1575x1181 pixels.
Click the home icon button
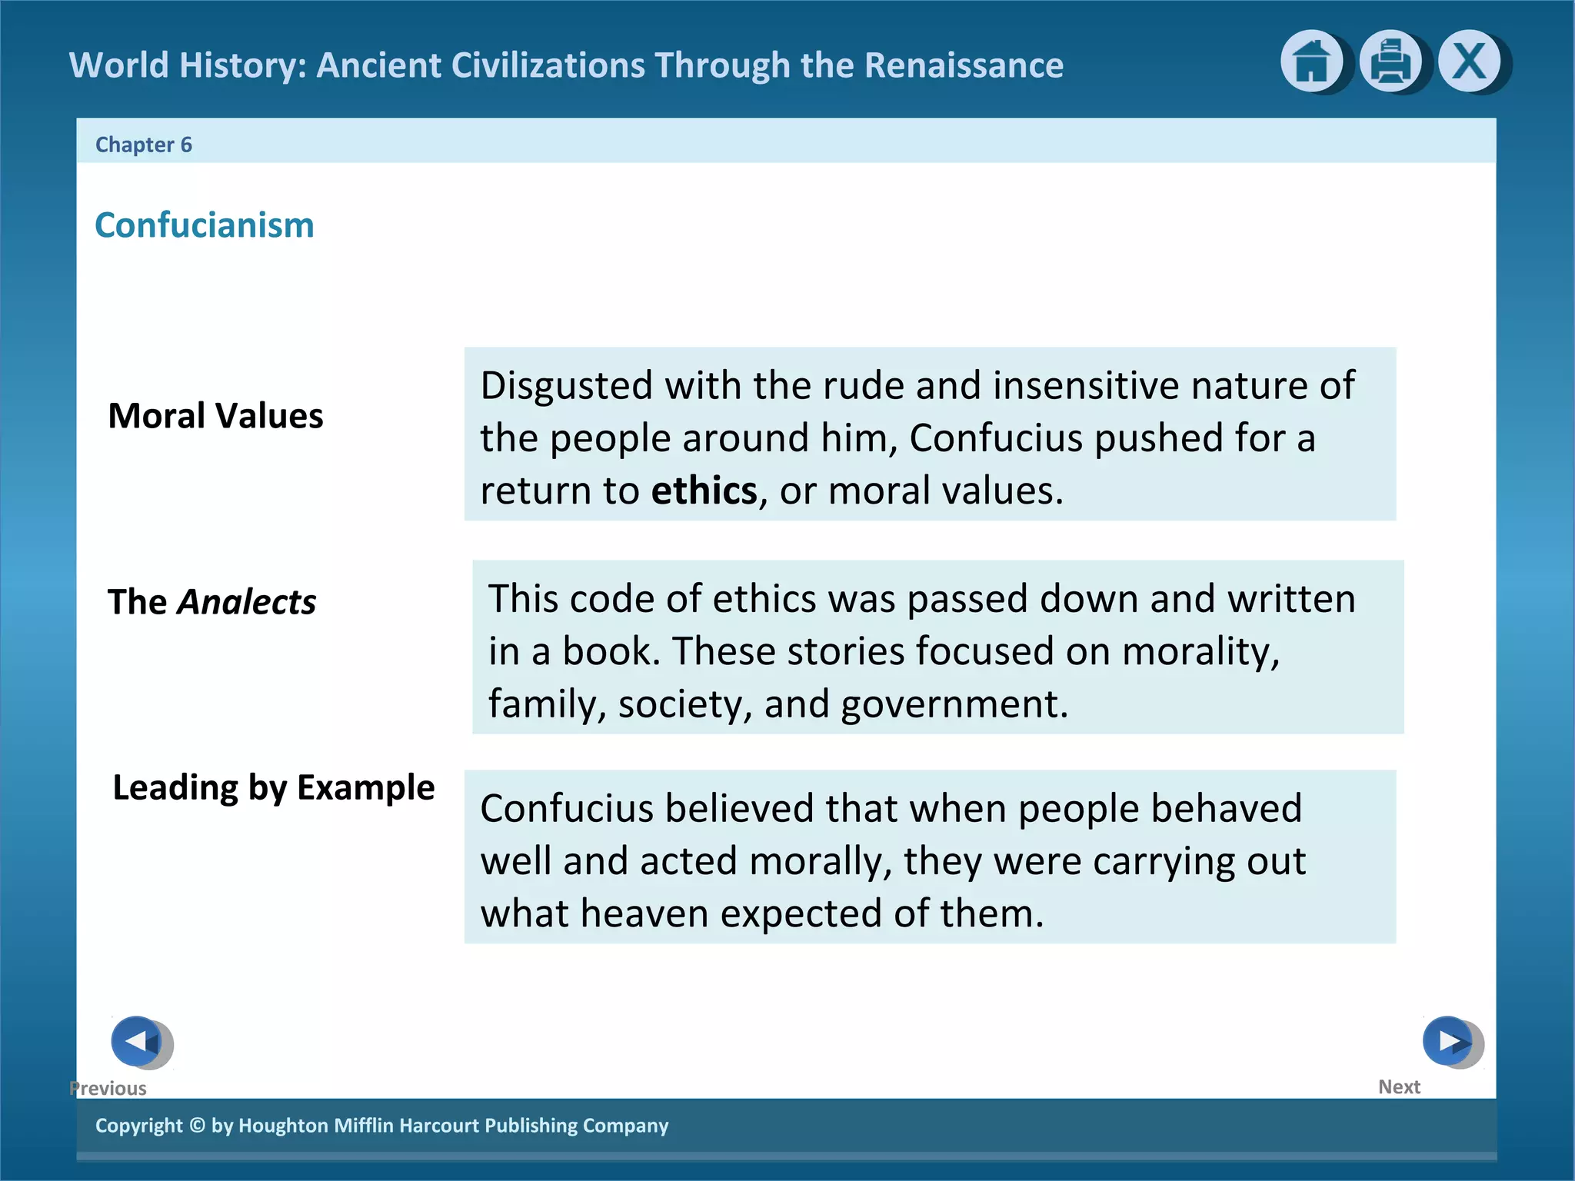[x=1311, y=62]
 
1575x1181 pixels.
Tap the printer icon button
[x=1390, y=62]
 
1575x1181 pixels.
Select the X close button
[x=1469, y=62]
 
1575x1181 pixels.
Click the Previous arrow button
[x=138, y=1041]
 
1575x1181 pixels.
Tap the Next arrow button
[x=1449, y=1041]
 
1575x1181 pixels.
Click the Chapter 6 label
[x=143, y=145]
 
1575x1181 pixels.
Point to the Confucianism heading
[x=205, y=225]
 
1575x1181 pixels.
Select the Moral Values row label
[x=215, y=416]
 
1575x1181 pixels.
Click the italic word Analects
[x=247, y=602]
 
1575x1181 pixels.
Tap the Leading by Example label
[x=274, y=787]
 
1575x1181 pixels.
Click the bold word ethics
[x=704, y=491]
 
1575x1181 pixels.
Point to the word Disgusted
[x=567, y=385]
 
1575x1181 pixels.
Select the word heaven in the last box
[x=644, y=913]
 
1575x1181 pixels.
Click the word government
[x=954, y=704]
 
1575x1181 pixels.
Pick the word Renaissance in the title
[x=964, y=65]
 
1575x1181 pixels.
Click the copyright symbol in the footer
[x=197, y=1126]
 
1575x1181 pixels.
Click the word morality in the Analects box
[x=1200, y=651]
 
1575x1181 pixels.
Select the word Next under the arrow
[x=1399, y=1087]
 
